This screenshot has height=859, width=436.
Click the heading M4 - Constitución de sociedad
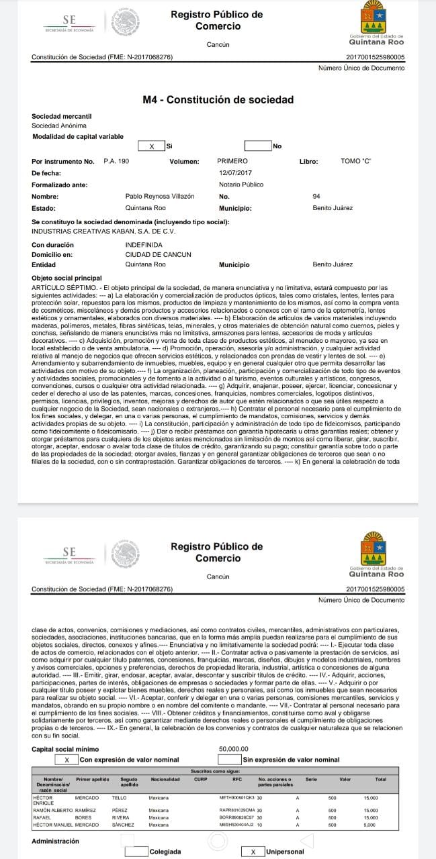(x=218, y=100)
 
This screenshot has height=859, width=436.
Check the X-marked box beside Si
(x=151, y=146)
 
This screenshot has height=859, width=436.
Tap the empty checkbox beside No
(x=258, y=146)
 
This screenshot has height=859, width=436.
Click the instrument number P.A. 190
(x=116, y=161)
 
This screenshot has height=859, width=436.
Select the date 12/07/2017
(x=234, y=173)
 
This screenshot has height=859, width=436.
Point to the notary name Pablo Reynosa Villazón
(x=160, y=196)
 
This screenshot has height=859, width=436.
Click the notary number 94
(x=316, y=196)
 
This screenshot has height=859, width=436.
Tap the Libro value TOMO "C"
(x=356, y=161)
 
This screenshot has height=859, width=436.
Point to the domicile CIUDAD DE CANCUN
(x=159, y=254)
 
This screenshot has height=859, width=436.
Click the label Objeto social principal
(x=67, y=278)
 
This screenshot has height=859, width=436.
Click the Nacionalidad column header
(x=165, y=779)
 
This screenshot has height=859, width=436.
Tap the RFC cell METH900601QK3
(x=237, y=798)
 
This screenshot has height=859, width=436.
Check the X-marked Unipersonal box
(x=253, y=852)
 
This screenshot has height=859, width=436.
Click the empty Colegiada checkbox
(x=137, y=852)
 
